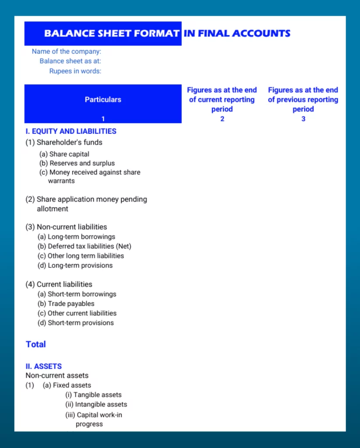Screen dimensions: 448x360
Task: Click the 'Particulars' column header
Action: click(103, 100)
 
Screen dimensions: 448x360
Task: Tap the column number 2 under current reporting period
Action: click(222, 119)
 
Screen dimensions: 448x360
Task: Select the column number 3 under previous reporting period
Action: click(303, 119)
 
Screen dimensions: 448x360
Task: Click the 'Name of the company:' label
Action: click(66, 52)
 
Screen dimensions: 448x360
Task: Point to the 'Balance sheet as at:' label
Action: click(70, 61)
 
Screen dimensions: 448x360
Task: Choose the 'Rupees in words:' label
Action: click(75, 71)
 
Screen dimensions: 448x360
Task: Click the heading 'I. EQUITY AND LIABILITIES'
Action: click(71, 131)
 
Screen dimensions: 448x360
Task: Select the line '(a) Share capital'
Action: click(64, 154)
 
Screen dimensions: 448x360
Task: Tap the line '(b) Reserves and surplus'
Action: click(77, 163)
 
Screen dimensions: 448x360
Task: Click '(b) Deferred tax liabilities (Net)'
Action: click(84, 246)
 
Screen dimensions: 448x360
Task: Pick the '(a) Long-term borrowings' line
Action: click(76, 237)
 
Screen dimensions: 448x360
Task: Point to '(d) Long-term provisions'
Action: click(75, 266)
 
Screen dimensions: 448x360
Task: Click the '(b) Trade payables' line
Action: click(66, 304)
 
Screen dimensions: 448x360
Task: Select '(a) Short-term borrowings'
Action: click(77, 294)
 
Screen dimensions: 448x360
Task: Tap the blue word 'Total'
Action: click(36, 344)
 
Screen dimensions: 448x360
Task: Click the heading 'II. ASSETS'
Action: click(44, 366)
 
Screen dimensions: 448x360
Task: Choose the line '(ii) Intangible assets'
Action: click(96, 404)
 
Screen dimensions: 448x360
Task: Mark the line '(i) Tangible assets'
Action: click(93, 395)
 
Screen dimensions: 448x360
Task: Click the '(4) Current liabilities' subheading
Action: click(59, 284)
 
